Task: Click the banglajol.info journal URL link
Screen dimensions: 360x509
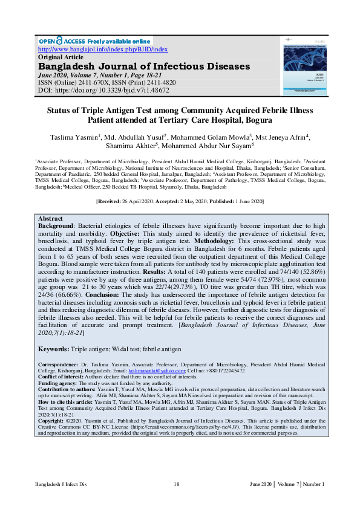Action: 103,49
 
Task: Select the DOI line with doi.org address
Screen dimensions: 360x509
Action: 103,90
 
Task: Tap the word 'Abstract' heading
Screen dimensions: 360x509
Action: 50,218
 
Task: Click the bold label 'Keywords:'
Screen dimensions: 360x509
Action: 56,349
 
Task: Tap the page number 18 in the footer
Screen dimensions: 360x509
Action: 177,484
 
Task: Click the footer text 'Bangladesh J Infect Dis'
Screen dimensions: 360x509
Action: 61,484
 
